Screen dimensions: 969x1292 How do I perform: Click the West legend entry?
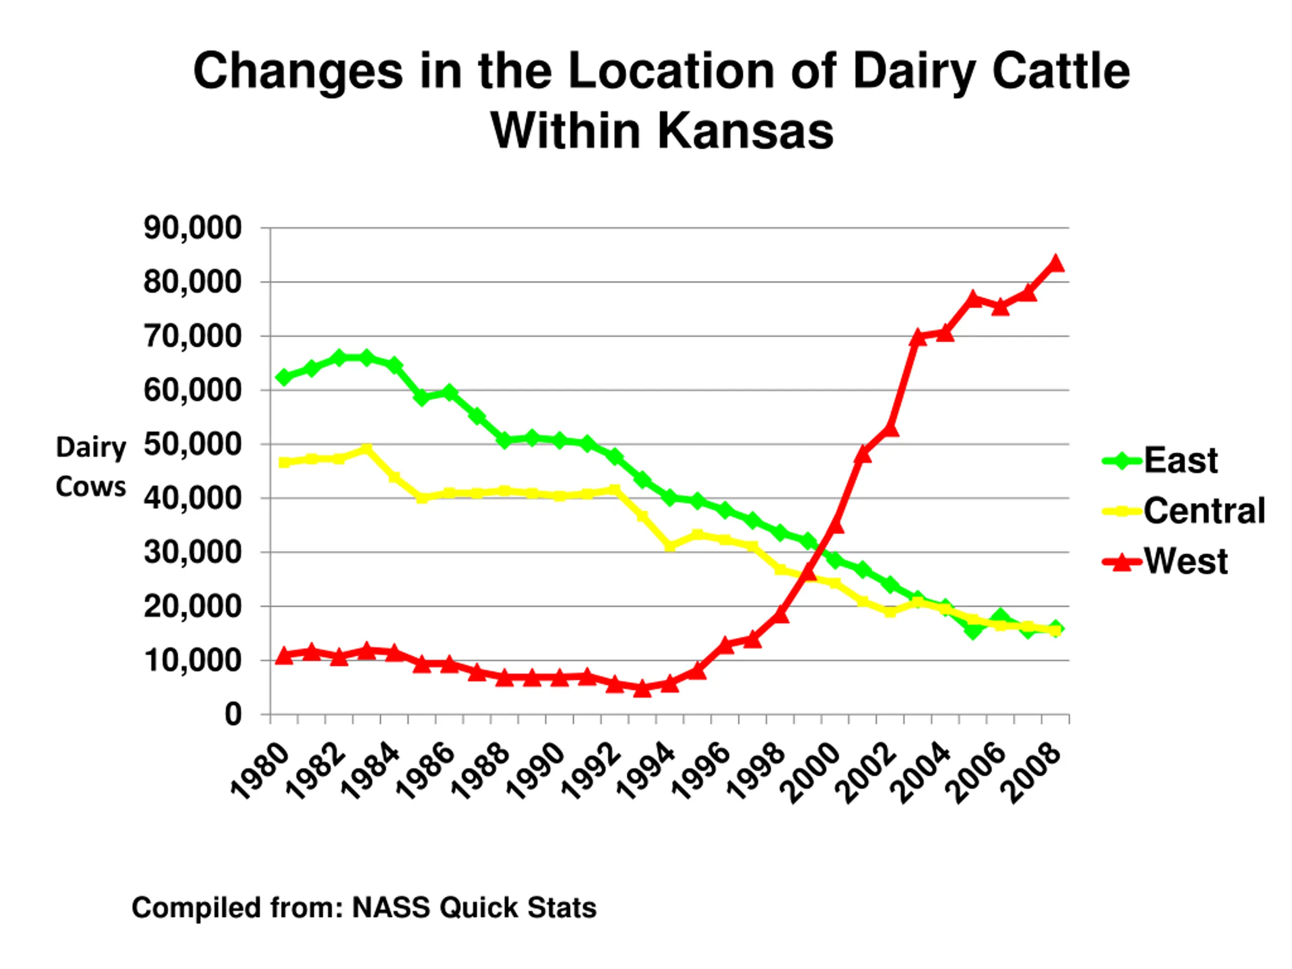tap(1185, 561)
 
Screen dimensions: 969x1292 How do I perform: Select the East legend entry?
tap(1180, 460)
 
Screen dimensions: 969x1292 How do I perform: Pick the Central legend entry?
tap(1204, 511)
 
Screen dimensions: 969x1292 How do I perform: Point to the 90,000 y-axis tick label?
tap(192, 228)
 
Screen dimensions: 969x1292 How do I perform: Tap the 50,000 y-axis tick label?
tap(192, 445)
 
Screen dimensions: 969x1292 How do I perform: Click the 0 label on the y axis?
tap(233, 714)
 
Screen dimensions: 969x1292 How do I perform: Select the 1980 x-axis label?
tap(260, 771)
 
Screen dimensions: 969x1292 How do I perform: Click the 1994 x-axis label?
tap(646, 772)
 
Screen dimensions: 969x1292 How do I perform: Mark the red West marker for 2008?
tap(1056, 264)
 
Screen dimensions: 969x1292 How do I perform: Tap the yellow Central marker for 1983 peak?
tap(367, 449)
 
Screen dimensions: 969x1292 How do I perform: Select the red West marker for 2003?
tap(918, 338)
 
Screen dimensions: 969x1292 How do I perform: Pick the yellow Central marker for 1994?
tap(670, 546)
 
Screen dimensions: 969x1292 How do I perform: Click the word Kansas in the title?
tap(745, 131)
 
